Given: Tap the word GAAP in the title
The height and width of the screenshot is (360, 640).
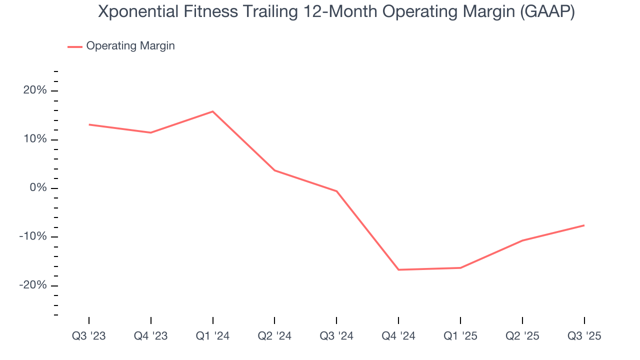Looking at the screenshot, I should (x=547, y=12).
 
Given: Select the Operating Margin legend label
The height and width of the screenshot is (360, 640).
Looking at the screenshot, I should (x=130, y=46).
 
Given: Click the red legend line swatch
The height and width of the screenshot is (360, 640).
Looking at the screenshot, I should (x=75, y=46).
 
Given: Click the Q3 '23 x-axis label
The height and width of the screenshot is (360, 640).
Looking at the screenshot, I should (x=89, y=336).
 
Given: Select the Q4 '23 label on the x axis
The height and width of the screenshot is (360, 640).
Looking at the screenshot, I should (x=150, y=336).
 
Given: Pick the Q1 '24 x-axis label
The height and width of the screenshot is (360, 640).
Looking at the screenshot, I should (x=212, y=336).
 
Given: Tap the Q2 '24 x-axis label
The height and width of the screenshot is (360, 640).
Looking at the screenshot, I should (x=274, y=336).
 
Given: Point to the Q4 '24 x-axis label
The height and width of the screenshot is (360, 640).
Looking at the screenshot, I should (x=398, y=336).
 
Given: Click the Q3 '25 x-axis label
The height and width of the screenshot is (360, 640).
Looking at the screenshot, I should (x=584, y=336).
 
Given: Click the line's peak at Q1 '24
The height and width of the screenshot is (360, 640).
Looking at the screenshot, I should (x=212, y=111).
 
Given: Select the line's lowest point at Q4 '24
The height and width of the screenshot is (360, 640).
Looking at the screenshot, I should (x=398, y=270).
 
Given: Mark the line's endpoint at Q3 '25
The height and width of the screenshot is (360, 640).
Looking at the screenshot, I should (x=584, y=225).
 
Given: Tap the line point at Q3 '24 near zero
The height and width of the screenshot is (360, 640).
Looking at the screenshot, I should (x=336, y=191).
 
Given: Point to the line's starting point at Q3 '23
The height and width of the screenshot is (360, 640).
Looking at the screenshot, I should (x=89, y=124).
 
